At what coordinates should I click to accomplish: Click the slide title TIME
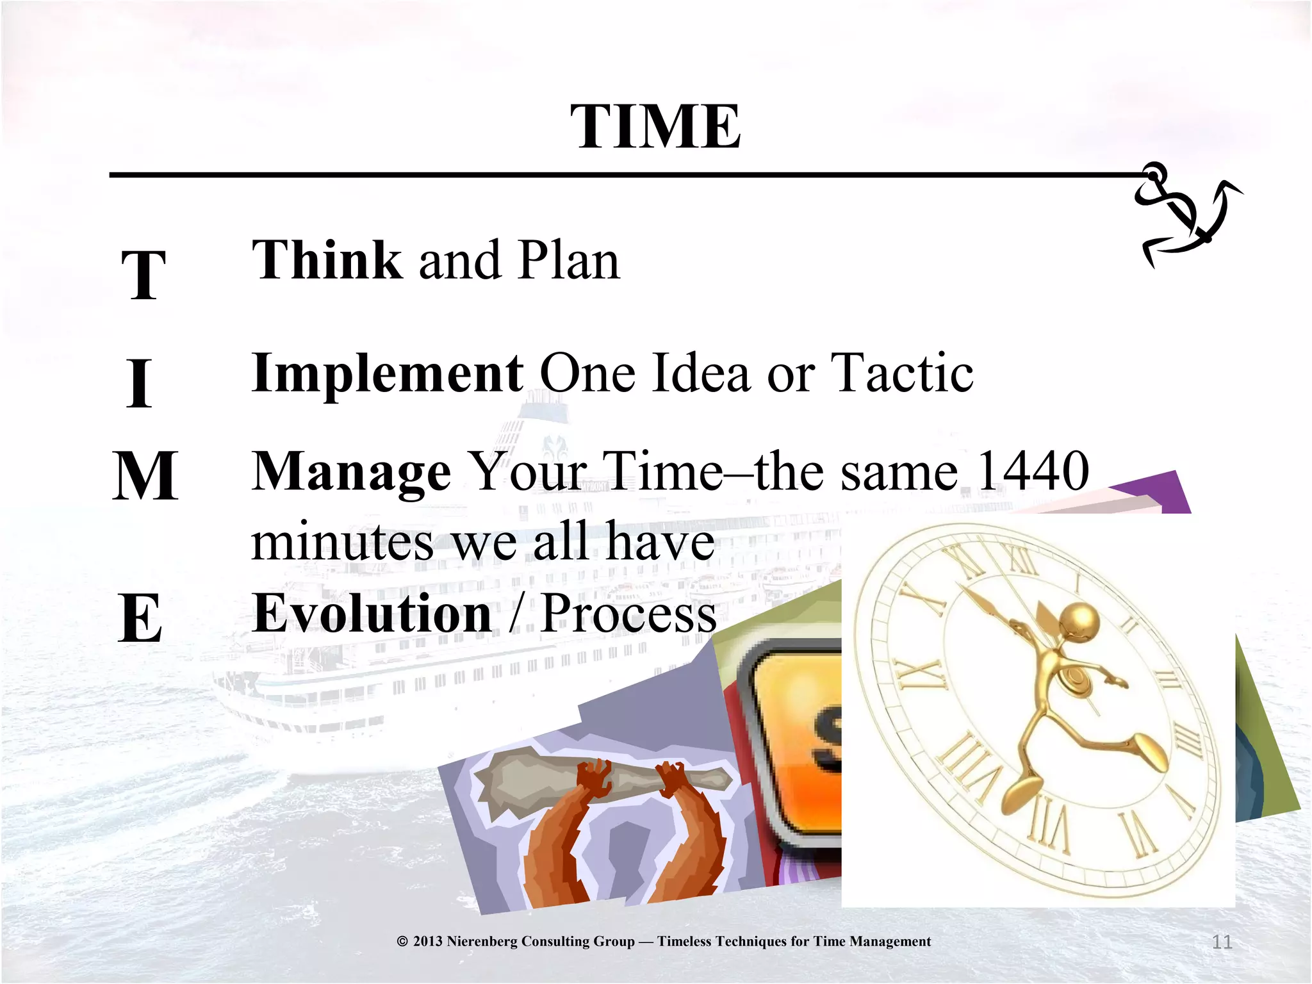pos(655,127)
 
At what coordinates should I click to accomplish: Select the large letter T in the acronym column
pos(144,275)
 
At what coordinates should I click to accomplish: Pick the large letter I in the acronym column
pos(139,383)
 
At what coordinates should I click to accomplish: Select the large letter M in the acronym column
pos(145,476)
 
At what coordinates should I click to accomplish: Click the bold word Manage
pos(351,472)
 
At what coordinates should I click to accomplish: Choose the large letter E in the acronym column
pos(140,619)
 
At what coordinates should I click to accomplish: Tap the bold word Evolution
pos(372,613)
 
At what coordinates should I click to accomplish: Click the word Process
pos(628,613)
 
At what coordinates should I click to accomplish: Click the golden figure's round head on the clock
pos(1080,621)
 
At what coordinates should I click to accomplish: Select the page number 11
pos(1222,942)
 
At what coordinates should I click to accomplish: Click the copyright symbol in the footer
pos(402,941)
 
